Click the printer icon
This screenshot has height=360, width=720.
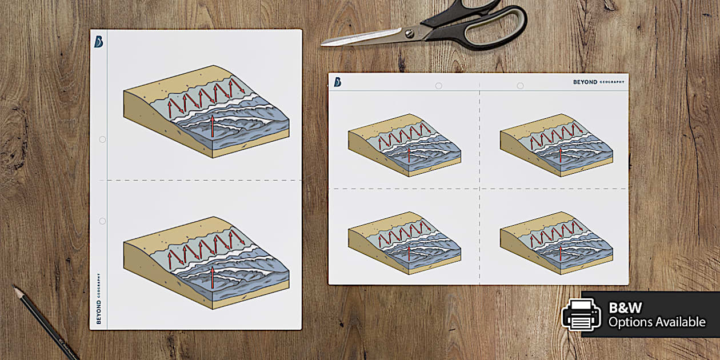[x=581, y=314]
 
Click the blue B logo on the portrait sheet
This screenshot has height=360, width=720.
[x=99, y=42]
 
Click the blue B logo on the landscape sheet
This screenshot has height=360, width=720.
[x=338, y=82]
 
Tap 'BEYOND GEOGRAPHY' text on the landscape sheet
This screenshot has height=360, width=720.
[x=598, y=82]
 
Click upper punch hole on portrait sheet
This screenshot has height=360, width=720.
[x=102, y=139]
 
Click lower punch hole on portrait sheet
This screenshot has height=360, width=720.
[x=102, y=221]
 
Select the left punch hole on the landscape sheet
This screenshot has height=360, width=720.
[x=438, y=86]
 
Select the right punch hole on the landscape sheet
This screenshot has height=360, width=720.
[x=520, y=86]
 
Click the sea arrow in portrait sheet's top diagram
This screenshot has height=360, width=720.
[x=213, y=126]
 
